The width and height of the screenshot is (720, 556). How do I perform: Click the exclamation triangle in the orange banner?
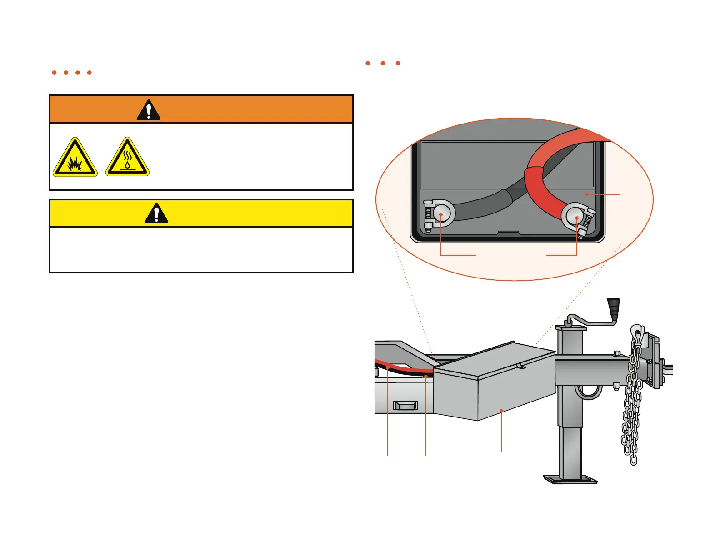[x=149, y=110]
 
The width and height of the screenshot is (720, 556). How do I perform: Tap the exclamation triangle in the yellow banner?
[x=156, y=213]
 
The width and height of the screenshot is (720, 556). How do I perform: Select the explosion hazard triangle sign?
[x=75, y=158]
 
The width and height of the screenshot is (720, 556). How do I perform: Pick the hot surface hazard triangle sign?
[x=127, y=158]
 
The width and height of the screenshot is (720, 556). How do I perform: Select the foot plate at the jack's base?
[x=570, y=479]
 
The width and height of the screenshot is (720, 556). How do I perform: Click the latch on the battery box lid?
[x=521, y=365]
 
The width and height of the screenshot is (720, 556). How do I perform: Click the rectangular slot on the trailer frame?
[x=405, y=405]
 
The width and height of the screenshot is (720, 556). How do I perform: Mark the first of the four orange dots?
[x=54, y=73]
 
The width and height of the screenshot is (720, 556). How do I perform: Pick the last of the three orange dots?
[x=398, y=63]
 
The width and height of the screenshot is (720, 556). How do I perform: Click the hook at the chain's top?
[x=637, y=334]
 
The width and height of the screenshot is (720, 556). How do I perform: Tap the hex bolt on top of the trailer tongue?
[x=617, y=353]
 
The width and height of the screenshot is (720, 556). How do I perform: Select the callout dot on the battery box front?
[x=501, y=411]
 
